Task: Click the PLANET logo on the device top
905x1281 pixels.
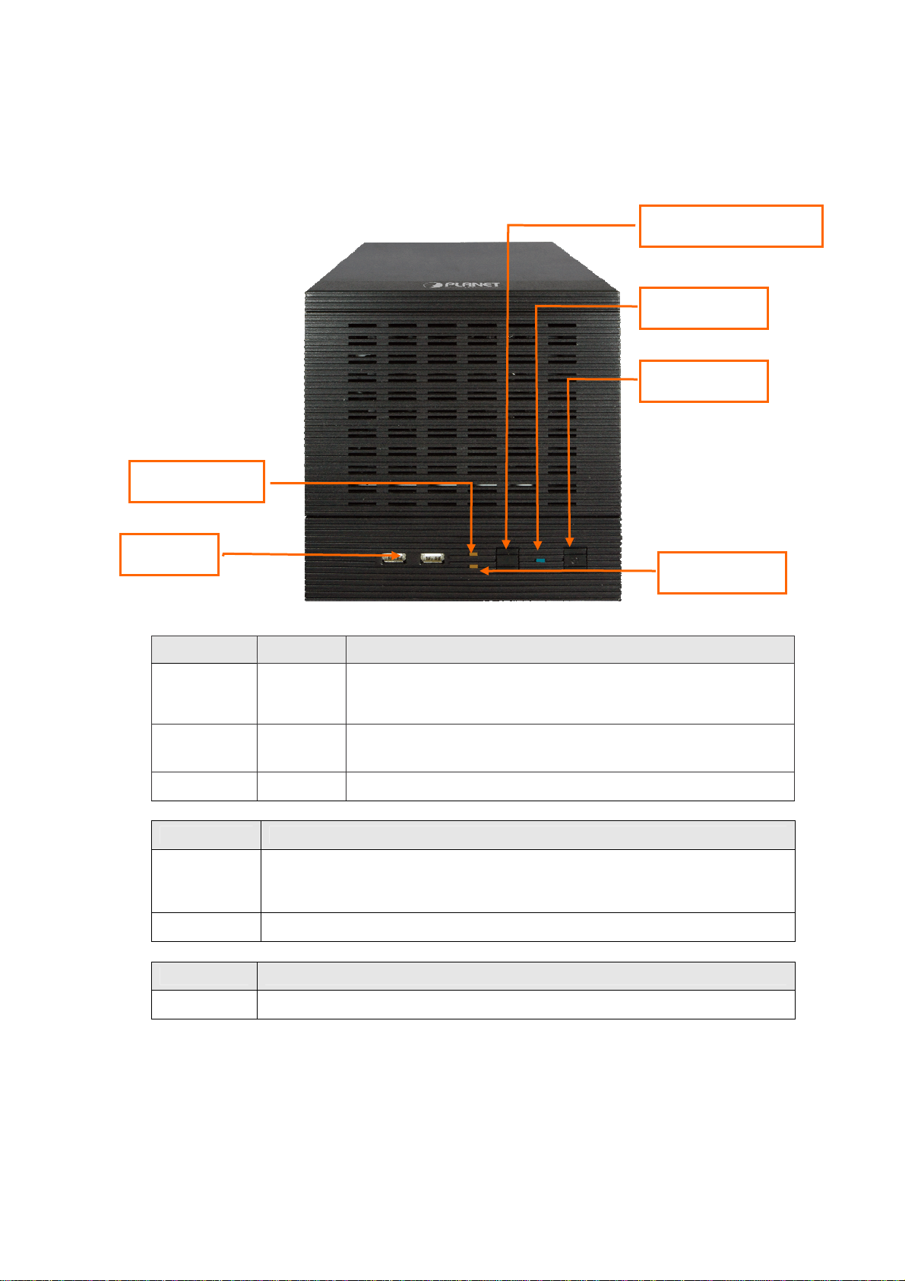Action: click(x=461, y=285)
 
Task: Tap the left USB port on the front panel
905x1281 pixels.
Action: click(x=392, y=559)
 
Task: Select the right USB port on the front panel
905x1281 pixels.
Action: click(x=432, y=559)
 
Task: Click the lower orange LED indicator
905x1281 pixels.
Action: click(x=473, y=567)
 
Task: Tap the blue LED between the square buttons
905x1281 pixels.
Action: click(x=540, y=560)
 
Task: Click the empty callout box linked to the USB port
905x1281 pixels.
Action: click(x=169, y=554)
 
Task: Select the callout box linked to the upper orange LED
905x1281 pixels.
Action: click(x=197, y=481)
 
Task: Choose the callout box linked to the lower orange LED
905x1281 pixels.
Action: click(x=721, y=572)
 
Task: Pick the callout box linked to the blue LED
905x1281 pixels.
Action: click(x=704, y=308)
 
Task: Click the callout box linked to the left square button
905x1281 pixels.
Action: click(x=731, y=226)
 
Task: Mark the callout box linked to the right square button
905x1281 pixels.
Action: click(x=704, y=381)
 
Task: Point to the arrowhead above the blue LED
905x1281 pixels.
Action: click(x=538, y=544)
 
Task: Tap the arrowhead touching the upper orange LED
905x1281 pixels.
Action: click(x=472, y=547)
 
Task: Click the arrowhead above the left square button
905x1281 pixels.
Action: click(x=507, y=543)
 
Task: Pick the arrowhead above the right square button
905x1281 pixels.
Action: click(x=569, y=542)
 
